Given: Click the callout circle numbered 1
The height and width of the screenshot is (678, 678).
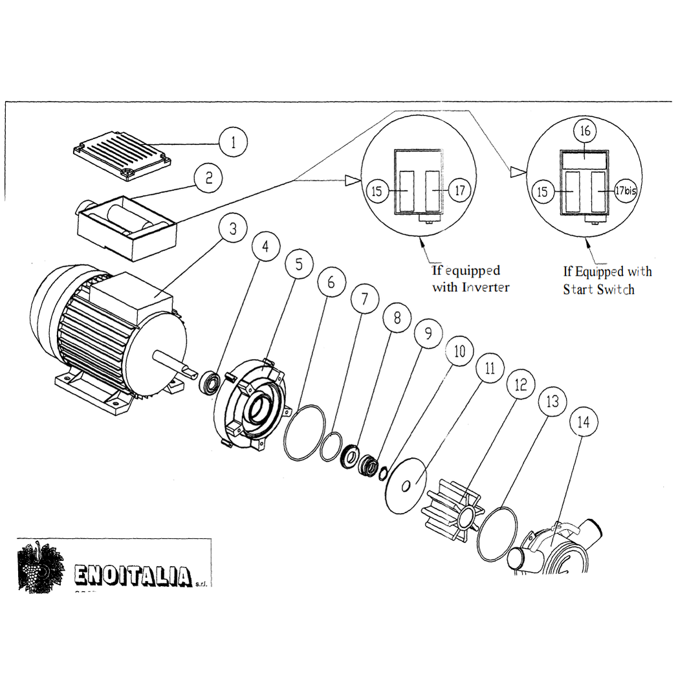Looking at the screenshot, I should (x=234, y=142).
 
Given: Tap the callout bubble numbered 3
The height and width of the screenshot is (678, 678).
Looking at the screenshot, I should (x=232, y=228).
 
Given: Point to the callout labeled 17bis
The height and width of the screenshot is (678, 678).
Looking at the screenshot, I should (x=626, y=191).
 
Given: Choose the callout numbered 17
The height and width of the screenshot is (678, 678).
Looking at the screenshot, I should (x=459, y=191).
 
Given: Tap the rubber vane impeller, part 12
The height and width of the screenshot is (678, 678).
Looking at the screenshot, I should (x=452, y=511).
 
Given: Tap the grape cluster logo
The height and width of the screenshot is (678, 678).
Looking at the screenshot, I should (x=41, y=567).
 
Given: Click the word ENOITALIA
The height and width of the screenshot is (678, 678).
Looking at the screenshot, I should (x=133, y=574).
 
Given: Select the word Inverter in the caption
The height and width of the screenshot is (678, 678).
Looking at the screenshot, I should (x=485, y=287).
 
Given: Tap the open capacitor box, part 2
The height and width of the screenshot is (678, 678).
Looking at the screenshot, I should (x=126, y=227).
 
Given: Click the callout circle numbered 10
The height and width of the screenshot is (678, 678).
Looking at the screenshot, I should (x=459, y=352).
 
